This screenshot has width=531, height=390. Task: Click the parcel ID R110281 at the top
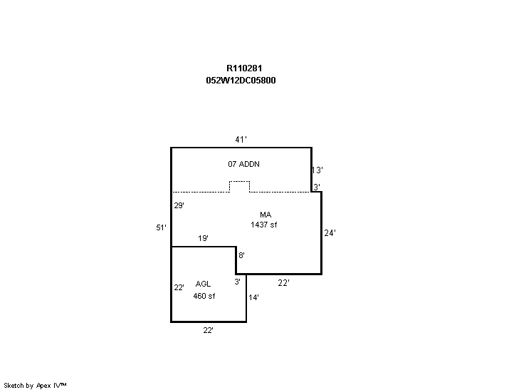pyautogui.click(x=241, y=68)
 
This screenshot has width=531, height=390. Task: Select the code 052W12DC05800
pyautogui.click(x=241, y=81)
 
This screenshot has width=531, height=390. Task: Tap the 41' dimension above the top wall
pyautogui.click(x=241, y=139)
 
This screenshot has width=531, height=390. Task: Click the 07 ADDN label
pyautogui.click(x=243, y=164)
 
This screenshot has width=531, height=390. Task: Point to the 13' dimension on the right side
pyautogui.click(x=318, y=170)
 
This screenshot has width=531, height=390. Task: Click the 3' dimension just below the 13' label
pyautogui.click(x=316, y=187)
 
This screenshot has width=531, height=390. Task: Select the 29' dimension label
pyautogui.click(x=179, y=205)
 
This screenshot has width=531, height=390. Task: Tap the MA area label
pyautogui.click(x=265, y=215)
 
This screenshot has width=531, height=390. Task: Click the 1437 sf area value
pyautogui.click(x=263, y=225)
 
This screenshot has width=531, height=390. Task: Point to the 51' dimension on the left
pyautogui.click(x=162, y=227)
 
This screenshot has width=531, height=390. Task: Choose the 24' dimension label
pyautogui.click(x=330, y=232)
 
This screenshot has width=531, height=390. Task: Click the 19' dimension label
pyautogui.click(x=203, y=238)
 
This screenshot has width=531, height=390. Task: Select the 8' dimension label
pyautogui.click(x=241, y=255)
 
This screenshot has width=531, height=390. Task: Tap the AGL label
pyautogui.click(x=203, y=284)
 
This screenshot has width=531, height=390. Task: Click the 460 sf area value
pyautogui.click(x=204, y=296)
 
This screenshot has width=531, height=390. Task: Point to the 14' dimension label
pyautogui.click(x=253, y=297)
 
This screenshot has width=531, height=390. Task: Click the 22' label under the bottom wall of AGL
pyautogui.click(x=208, y=330)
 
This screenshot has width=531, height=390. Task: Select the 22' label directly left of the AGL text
pyautogui.click(x=179, y=287)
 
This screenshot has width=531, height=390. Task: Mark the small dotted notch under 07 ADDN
pyautogui.click(x=239, y=187)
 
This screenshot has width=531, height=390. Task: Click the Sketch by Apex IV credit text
pyautogui.click(x=36, y=385)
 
